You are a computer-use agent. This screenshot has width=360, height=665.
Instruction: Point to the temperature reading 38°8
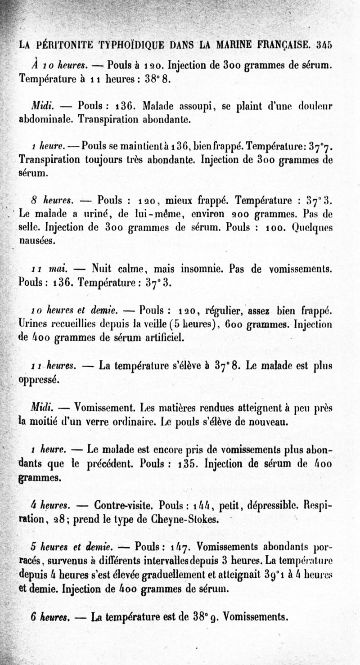pos(157,78)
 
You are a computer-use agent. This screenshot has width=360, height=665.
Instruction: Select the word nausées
pos(37,240)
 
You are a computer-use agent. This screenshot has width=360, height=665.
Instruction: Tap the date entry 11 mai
pos(49,270)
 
